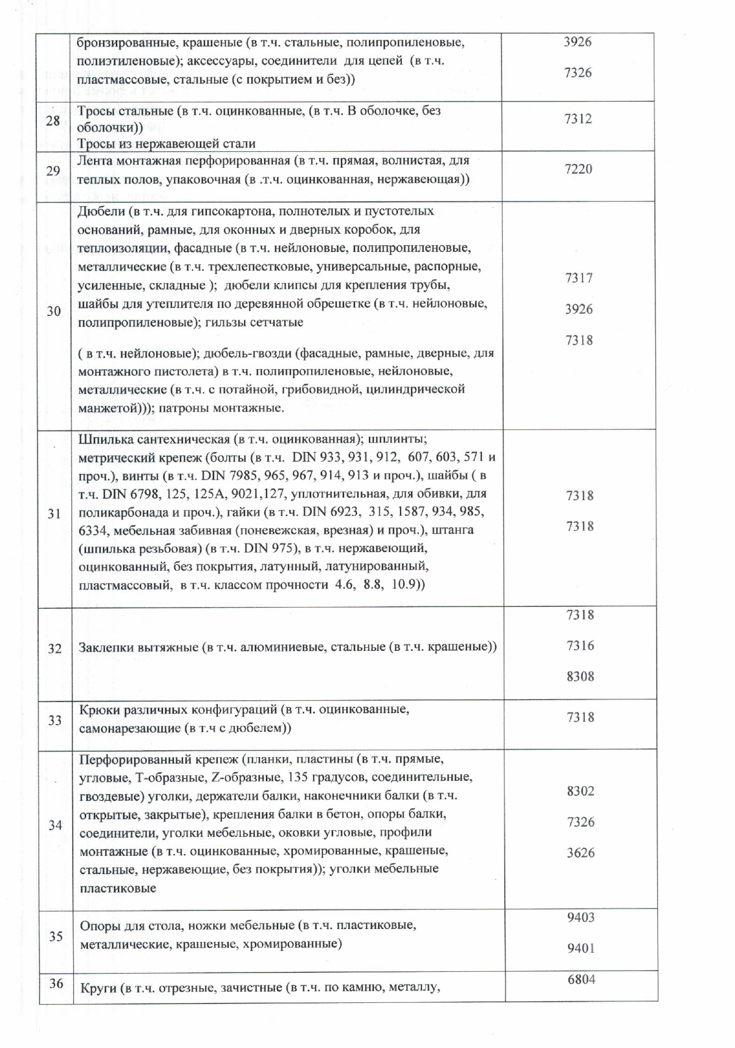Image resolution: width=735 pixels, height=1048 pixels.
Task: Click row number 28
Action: tap(53, 121)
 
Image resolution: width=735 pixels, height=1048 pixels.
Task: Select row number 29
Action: tap(53, 171)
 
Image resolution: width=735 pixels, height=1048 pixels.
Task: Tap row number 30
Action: tap(54, 311)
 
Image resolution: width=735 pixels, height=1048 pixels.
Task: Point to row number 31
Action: tap(54, 514)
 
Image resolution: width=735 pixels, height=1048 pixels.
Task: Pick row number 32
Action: tap(55, 648)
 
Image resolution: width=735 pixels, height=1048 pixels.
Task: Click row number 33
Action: tap(55, 720)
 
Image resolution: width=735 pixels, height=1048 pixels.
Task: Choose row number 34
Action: tap(56, 825)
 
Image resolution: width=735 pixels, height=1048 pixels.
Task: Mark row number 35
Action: tap(56, 936)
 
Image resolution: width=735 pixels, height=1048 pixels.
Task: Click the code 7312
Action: tap(578, 119)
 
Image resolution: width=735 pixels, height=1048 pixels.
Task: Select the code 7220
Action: tap(578, 169)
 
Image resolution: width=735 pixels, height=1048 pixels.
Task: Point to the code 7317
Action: tap(579, 278)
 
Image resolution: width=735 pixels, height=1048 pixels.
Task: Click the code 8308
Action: tap(580, 676)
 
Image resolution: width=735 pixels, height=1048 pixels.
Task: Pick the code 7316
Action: tap(580, 645)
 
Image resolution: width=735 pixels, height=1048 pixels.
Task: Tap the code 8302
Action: tap(581, 791)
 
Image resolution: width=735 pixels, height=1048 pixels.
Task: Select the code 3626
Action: tap(581, 853)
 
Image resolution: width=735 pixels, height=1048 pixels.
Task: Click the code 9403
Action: tap(581, 917)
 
